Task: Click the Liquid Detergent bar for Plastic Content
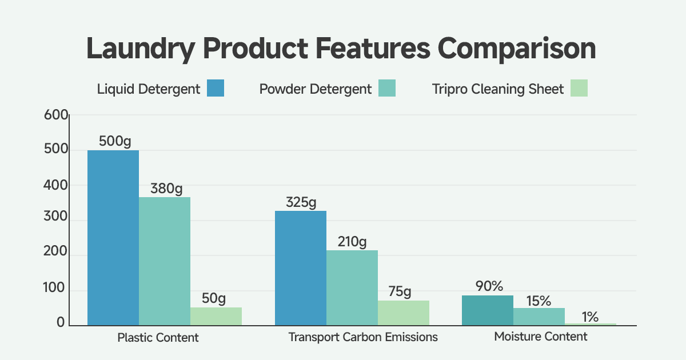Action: click(x=113, y=238)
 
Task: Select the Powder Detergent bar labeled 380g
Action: click(x=165, y=261)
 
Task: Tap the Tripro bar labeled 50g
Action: click(x=216, y=317)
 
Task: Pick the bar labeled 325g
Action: click(x=301, y=268)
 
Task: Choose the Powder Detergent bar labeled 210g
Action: click(x=352, y=288)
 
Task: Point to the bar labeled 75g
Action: click(x=404, y=313)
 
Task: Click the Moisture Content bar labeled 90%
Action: click(x=488, y=310)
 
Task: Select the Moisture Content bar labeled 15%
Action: click(x=539, y=317)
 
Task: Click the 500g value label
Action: click(x=114, y=141)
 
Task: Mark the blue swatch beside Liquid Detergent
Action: click(x=216, y=89)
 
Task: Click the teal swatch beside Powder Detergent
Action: click(x=387, y=89)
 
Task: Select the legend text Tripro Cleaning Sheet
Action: click(x=497, y=89)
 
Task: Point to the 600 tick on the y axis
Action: click(x=56, y=115)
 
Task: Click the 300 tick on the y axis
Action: click(x=56, y=221)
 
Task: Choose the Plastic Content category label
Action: click(x=158, y=338)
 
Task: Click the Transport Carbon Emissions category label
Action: click(x=363, y=337)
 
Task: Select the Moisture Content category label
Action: click(x=540, y=337)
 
